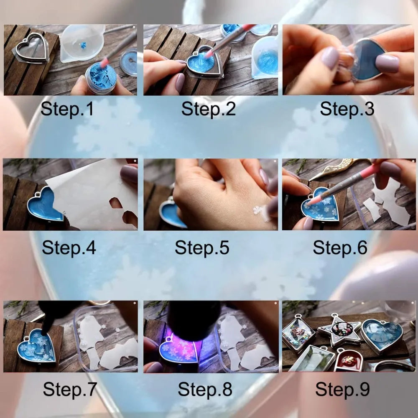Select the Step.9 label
(342, 389)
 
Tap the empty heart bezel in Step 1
(32, 48)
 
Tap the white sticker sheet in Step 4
(92, 192)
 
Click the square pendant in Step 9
(298, 333)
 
